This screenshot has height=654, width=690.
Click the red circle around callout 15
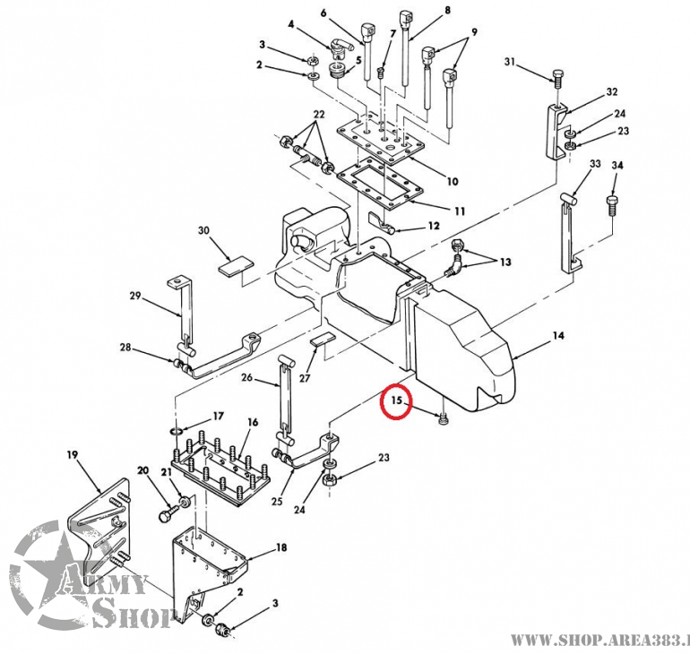[x=395, y=403]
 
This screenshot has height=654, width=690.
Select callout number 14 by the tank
[x=557, y=336]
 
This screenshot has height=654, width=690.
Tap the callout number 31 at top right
[x=510, y=62]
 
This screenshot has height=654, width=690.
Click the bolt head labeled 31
[x=557, y=79]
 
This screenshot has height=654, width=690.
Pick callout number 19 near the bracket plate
[x=73, y=456]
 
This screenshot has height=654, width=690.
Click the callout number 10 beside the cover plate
[x=452, y=182]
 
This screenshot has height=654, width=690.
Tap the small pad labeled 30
[x=237, y=266]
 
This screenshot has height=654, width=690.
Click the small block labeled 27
[x=322, y=340]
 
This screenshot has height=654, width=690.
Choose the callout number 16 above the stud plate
[x=253, y=422]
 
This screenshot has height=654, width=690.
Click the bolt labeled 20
[x=169, y=516]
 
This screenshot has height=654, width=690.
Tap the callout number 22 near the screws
[x=318, y=116]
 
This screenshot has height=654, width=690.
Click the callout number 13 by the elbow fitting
[x=506, y=262]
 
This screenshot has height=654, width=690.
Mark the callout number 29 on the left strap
[x=135, y=296]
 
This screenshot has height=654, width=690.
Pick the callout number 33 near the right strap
[x=595, y=164]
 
